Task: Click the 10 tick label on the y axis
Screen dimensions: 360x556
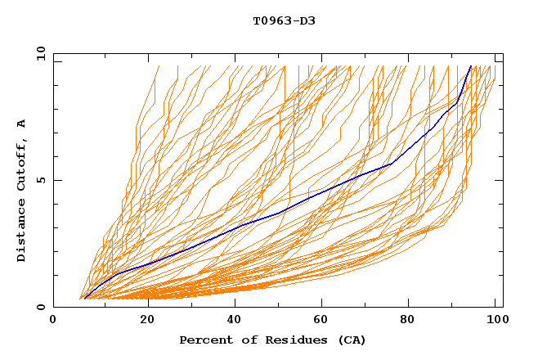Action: point(38,53)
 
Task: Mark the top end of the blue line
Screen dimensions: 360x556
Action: point(471,66)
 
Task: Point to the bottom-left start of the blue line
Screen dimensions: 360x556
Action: point(84,299)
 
